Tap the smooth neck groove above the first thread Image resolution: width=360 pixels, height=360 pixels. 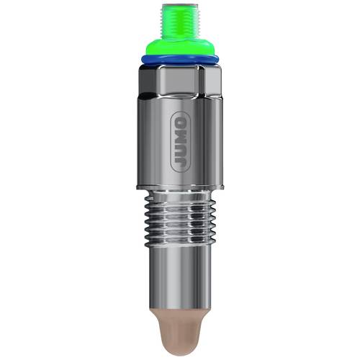click(x=179, y=196)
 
